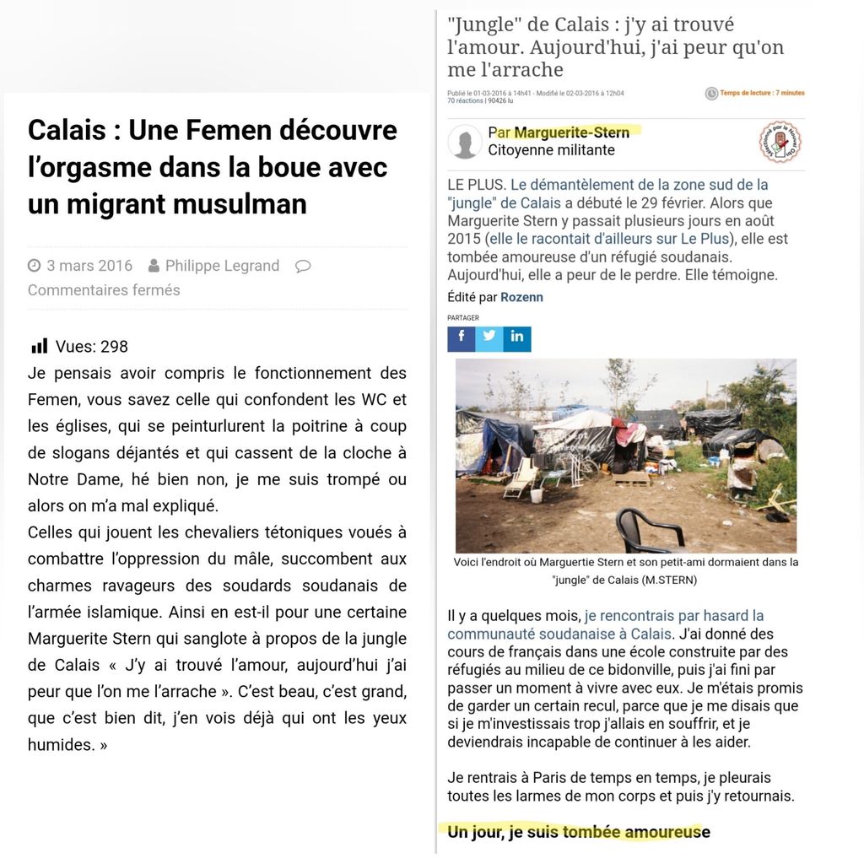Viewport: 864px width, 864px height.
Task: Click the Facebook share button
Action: pyautogui.click(x=462, y=337)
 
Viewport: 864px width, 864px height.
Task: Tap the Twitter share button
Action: pyautogui.click(x=489, y=337)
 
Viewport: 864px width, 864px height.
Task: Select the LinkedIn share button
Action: pyautogui.click(x=517, y=337)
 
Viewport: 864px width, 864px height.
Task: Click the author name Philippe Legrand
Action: pyautogui.click(x=222, y=266)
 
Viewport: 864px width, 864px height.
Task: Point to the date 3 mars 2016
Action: pyautogui.click(x=89, y=266)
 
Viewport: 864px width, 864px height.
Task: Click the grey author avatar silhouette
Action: pyautogui.click(x=465, y=142)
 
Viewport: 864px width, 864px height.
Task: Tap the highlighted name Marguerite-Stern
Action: pyautogui.click(x=571, y=132)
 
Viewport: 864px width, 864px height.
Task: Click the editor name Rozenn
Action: pyautogui.click(x=521, y=297)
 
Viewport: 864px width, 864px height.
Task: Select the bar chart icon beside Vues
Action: pyautogui.click(x=39, y=346)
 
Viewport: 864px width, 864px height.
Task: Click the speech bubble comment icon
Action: pyautogui.click(x=303, y=266)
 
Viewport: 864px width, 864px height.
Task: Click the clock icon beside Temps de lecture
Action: pyautogui.click(x=711, y=94)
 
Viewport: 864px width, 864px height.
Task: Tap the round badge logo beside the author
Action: pyautogui.click(x=780, y=141)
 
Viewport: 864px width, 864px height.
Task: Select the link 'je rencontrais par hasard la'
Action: pyautogui.click(x=674, y=616)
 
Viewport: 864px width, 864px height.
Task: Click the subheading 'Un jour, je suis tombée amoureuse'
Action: pyautogui.click(x=579, y=832)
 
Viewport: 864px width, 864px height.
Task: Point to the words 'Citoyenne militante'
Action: pyautogui.click(x=551, y=150)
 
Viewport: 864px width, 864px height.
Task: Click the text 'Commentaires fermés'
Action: pyautogui.click(x=104, y=290)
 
